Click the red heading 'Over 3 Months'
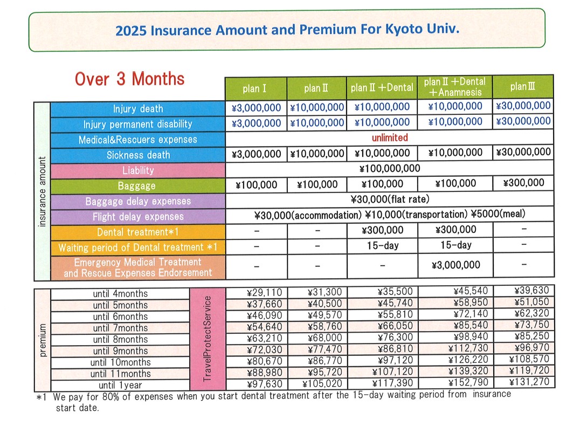pyautogui.click(x=129, y=79)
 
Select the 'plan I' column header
pyautogui.click(x=254, y=88)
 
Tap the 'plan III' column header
pyautogui.click(x=523, y=87)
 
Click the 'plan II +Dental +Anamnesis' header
pyautogui.click(x=454, y=87)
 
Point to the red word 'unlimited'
pyautogui.click(x=390, y=137)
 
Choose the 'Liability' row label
pyautogui.click(x=138, y=170)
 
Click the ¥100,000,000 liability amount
pyautogui.click(x=390, y=168)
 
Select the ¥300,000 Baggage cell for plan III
pyautogui.click(x=523, y=182)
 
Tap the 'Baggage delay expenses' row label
pyautogui.click(x=138, y=201)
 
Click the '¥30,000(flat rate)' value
pyautogui.click(x=390, y=199)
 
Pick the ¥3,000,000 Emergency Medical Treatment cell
pyautogui.click(x=455, y=265)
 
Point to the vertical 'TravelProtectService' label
pyautogui.click(x=207, y=339)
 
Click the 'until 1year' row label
pyautogui.click(x=120, y=385)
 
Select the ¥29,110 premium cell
pyautogui.click(x=264, y=293)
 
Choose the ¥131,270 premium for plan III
pyautogui.click(x=529, y=382)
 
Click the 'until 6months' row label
pyautogui.click(x=120, y=317)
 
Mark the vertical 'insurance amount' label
pyautogui.click(x=42, y=191)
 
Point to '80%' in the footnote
pyautogui.click(x=111, y=397)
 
